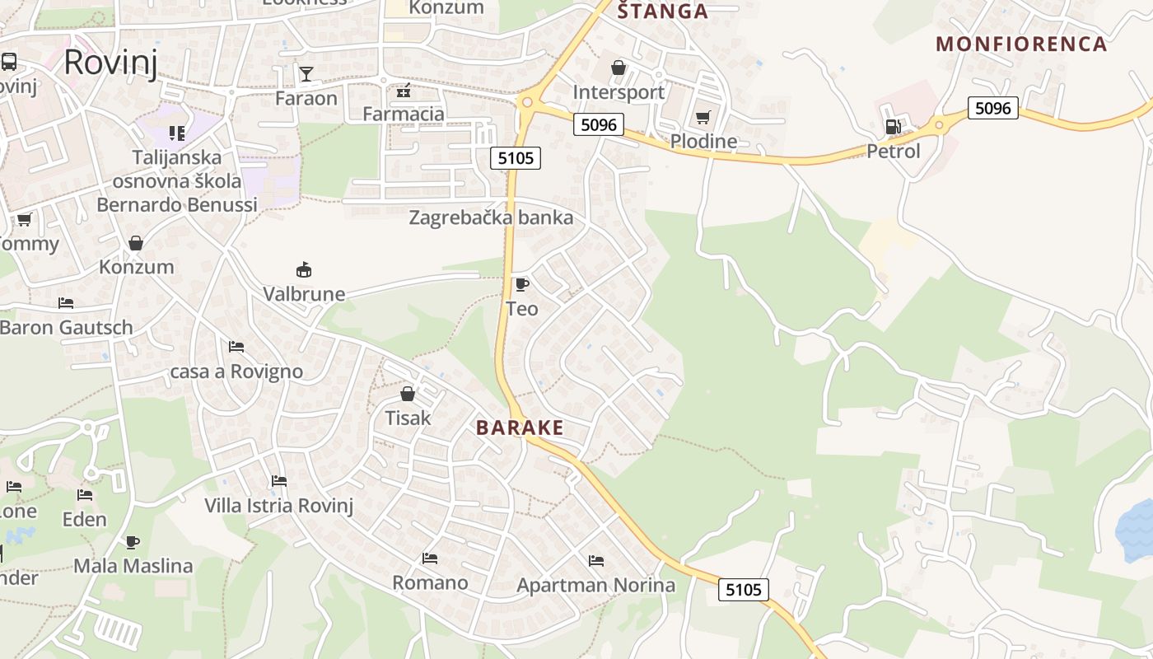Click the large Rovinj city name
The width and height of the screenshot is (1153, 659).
point(110,62)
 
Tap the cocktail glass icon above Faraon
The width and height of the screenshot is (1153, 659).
point(306,74)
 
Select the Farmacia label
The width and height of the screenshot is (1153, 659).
point(404,114)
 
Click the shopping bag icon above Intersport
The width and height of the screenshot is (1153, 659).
point(619,68)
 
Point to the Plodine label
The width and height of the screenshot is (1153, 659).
point(703,141)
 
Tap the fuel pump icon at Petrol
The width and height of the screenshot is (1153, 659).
point(893,127)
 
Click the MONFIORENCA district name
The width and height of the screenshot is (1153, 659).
point(1020,44)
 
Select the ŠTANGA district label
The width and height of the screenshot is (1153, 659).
point(662,11)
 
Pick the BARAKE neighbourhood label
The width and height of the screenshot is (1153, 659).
point(520,428)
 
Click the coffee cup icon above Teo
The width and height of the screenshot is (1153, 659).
point(521,285)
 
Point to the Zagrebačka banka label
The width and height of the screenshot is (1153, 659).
point(491,218)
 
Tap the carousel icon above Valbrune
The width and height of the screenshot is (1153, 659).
point(304,269)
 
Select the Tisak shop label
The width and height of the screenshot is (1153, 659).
point(408,418)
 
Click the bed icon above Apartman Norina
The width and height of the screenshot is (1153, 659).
point(596,561)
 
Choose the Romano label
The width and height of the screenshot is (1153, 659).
point(430,583)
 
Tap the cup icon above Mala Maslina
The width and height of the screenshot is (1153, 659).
point(133,542)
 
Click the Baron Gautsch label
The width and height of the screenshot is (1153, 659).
point(66,327)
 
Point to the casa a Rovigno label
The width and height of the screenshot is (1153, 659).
point(236,372)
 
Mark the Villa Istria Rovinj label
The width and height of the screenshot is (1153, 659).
point(278,505)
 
